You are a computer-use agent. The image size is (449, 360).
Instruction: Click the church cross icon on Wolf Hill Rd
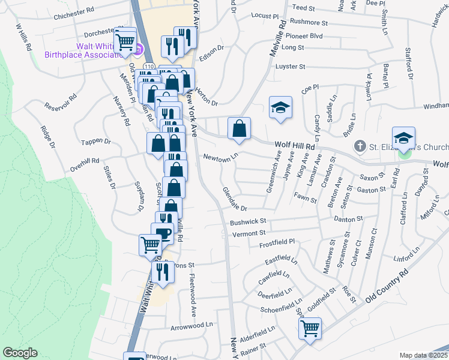pyautogui.click(x=359, y=145)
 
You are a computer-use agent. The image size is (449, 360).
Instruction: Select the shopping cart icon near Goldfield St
pyautogui.click(x=310, y=328)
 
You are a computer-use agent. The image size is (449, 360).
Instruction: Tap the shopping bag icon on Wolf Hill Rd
pyautogui.click(x=239, y=128)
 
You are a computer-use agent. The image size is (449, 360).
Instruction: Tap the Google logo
pyautogui.click(x=20, y=353)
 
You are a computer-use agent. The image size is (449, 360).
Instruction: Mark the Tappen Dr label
pyautogui.click(x=99, y=142)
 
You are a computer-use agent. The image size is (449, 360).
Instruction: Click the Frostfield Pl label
pyautogui.click(x=277, y=242)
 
